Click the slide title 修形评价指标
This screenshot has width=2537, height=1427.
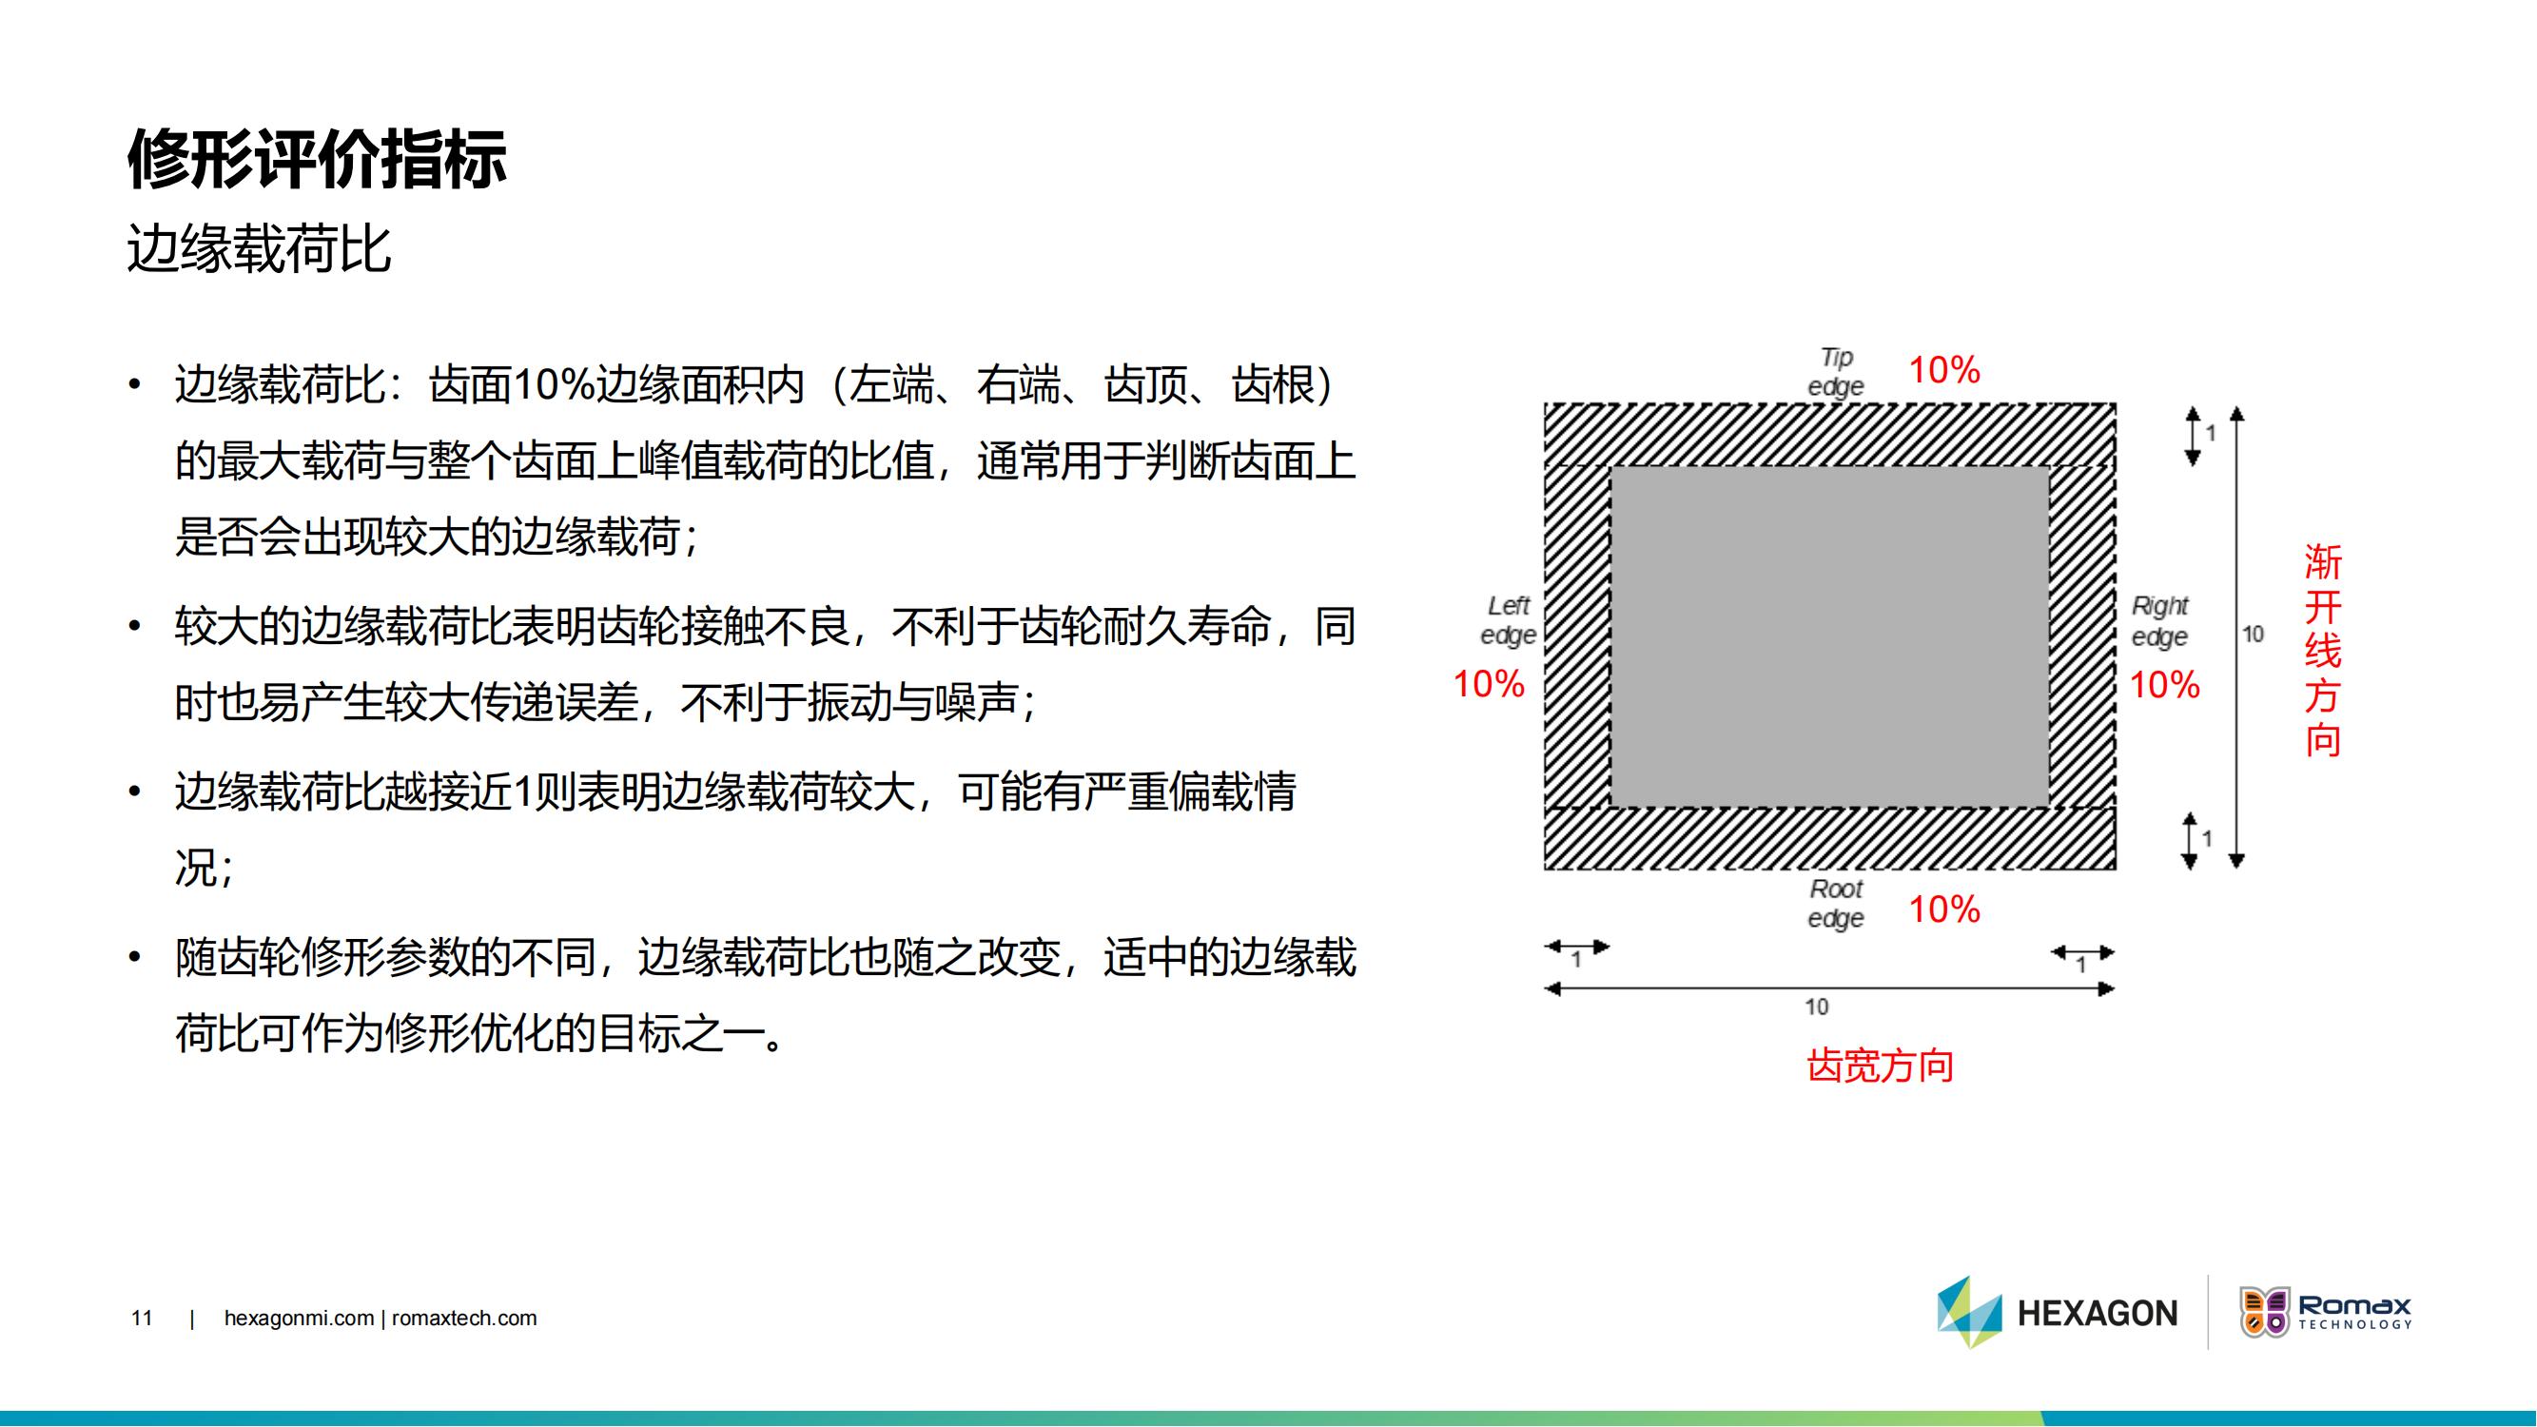click(317, 159)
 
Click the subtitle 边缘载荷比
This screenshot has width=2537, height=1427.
click(260, 248)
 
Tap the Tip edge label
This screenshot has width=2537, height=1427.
click(1836, 371)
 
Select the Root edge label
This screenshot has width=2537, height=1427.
click(1836, 903)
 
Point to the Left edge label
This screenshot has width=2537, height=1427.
click(1508, 620)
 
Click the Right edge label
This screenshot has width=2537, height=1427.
click(2159, 621)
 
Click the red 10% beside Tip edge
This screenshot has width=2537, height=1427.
click(1944, 370)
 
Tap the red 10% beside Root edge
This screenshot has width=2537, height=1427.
click(1944, 909)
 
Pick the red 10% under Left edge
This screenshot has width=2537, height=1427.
click(1489, 684)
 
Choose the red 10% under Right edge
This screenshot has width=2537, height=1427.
click(2165, 685)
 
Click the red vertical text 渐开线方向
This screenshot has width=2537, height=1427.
click(2322, 651)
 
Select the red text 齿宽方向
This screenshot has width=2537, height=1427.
click(1880, 1065)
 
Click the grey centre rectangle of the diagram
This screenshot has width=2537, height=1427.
click(1830, 636)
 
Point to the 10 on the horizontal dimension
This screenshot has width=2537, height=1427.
click(1816, 1007)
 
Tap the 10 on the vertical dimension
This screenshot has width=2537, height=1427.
click(2254, 635)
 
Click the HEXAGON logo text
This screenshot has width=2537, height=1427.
click(2098, 1314)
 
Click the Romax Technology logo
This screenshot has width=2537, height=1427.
click(2325, 1313)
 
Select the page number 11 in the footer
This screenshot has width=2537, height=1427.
click(142, 1318)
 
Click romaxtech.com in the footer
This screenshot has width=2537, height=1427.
click(464, 1319)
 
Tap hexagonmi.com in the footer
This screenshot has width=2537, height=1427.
click(300, 1319)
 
